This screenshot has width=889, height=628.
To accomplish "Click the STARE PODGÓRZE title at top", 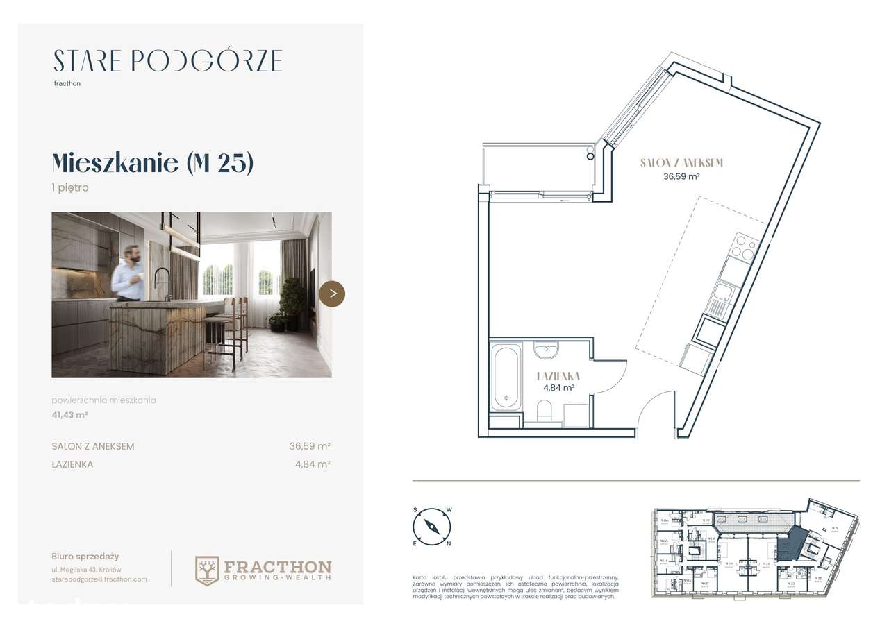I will pyautogui.click(x=167, y=61).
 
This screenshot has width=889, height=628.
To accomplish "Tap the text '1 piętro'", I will pyautogui.click(x=70, y=187).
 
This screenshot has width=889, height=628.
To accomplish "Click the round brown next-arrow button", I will pyautogui.click(x=332, y=294).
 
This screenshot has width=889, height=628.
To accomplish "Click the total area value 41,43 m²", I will pyautogui.click(x=69, y=415).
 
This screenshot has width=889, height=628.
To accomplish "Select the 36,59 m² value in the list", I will pyautogui.click(x=309, y=446).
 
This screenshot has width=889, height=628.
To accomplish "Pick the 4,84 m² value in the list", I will pyautogui.click(x=312, y=464).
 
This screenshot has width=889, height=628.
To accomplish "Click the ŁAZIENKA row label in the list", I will pyautogui.click(x=72, y=464).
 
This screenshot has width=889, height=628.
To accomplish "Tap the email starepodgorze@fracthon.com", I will pyautogui.click(x=99, y=579).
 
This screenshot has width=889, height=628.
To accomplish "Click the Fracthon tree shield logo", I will pyautogui.click(x=207, y=570).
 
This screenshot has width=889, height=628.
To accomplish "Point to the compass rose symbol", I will pyautogui.click(x=432, y=526).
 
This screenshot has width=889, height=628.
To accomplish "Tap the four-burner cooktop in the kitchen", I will pyautogui.click(x=742, y=248).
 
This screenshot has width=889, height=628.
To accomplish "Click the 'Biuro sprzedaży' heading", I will pyautogui.click(x=85, y=556).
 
